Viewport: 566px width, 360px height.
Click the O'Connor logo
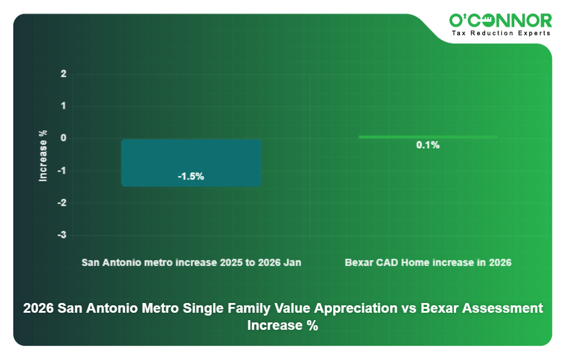click(x=501, y=21)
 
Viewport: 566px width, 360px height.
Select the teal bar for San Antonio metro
click(x=191, y=162)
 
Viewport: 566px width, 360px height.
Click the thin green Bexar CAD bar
click(x=428, y=137)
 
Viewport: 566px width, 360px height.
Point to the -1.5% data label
click(x=191, y=177)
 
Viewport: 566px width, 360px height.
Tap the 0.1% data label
click(x=428, y=145)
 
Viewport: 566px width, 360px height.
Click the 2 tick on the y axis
click(x=64, y=74)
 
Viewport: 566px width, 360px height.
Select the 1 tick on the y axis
click(x=64, y=107)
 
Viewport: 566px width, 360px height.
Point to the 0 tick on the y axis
click(x=64, y=138)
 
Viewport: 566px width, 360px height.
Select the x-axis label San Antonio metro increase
click(x=191, y=263)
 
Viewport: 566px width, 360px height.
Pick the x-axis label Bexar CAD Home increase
click(x=428, y=263)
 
